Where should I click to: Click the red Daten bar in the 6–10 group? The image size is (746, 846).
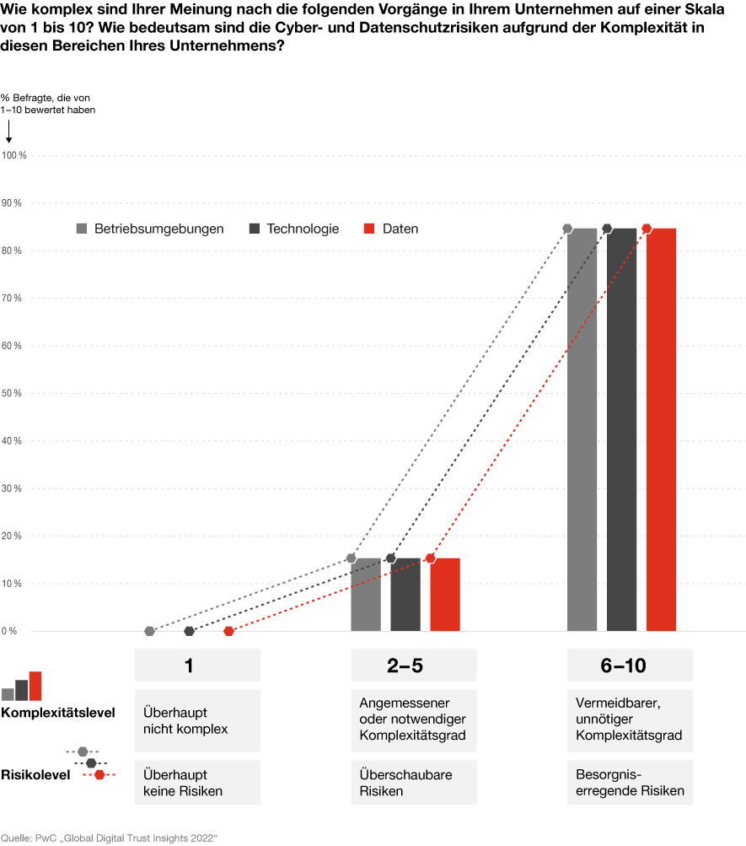click(661, 429)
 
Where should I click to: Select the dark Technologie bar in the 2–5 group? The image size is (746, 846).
click(405, 595)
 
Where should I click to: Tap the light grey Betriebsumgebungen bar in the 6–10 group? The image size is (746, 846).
click(582, 429)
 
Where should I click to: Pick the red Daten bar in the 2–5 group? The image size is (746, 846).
click(445, 595)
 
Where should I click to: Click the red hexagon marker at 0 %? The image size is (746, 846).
click(228, 631)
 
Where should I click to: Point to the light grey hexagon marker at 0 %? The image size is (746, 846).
click(149, 631)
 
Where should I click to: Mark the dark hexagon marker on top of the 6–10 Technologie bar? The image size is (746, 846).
click(607, 229)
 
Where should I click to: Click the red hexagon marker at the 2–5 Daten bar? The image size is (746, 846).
click(431, 558)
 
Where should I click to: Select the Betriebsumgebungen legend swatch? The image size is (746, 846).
click(82, 229)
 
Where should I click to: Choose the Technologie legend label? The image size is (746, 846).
click(303, 229)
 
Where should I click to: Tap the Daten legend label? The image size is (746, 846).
click(400, 229)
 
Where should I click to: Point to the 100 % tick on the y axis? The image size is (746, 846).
click(14, 156)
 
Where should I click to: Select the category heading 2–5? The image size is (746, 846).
click(405, 665)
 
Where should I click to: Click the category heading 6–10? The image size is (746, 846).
click(623, 665)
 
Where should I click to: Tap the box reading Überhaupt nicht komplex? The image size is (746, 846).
click(197, 720)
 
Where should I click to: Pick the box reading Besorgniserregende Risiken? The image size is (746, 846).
click(630, 783)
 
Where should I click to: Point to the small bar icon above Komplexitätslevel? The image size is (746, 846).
click(22, 687)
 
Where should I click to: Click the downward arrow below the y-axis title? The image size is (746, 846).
click(8, 131)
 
